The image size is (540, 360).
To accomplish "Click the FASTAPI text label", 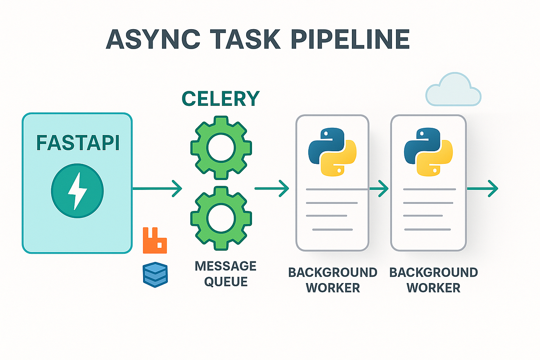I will pyautogui.click(x=77, y=143).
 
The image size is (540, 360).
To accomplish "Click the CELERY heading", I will pyautogui.click(x=220, y=98).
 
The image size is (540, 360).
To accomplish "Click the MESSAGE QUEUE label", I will pyautogui.click(x=225, y=274).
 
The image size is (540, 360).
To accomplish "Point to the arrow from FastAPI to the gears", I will pyautogui.click(x=157, y=188).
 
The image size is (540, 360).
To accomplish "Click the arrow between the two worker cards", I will pyautogui.click(x=379, y=188).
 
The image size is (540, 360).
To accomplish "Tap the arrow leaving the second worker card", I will pyautogui.click(x=482, y=188).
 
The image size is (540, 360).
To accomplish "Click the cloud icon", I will pyautogui.click(x=453, y=89).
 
